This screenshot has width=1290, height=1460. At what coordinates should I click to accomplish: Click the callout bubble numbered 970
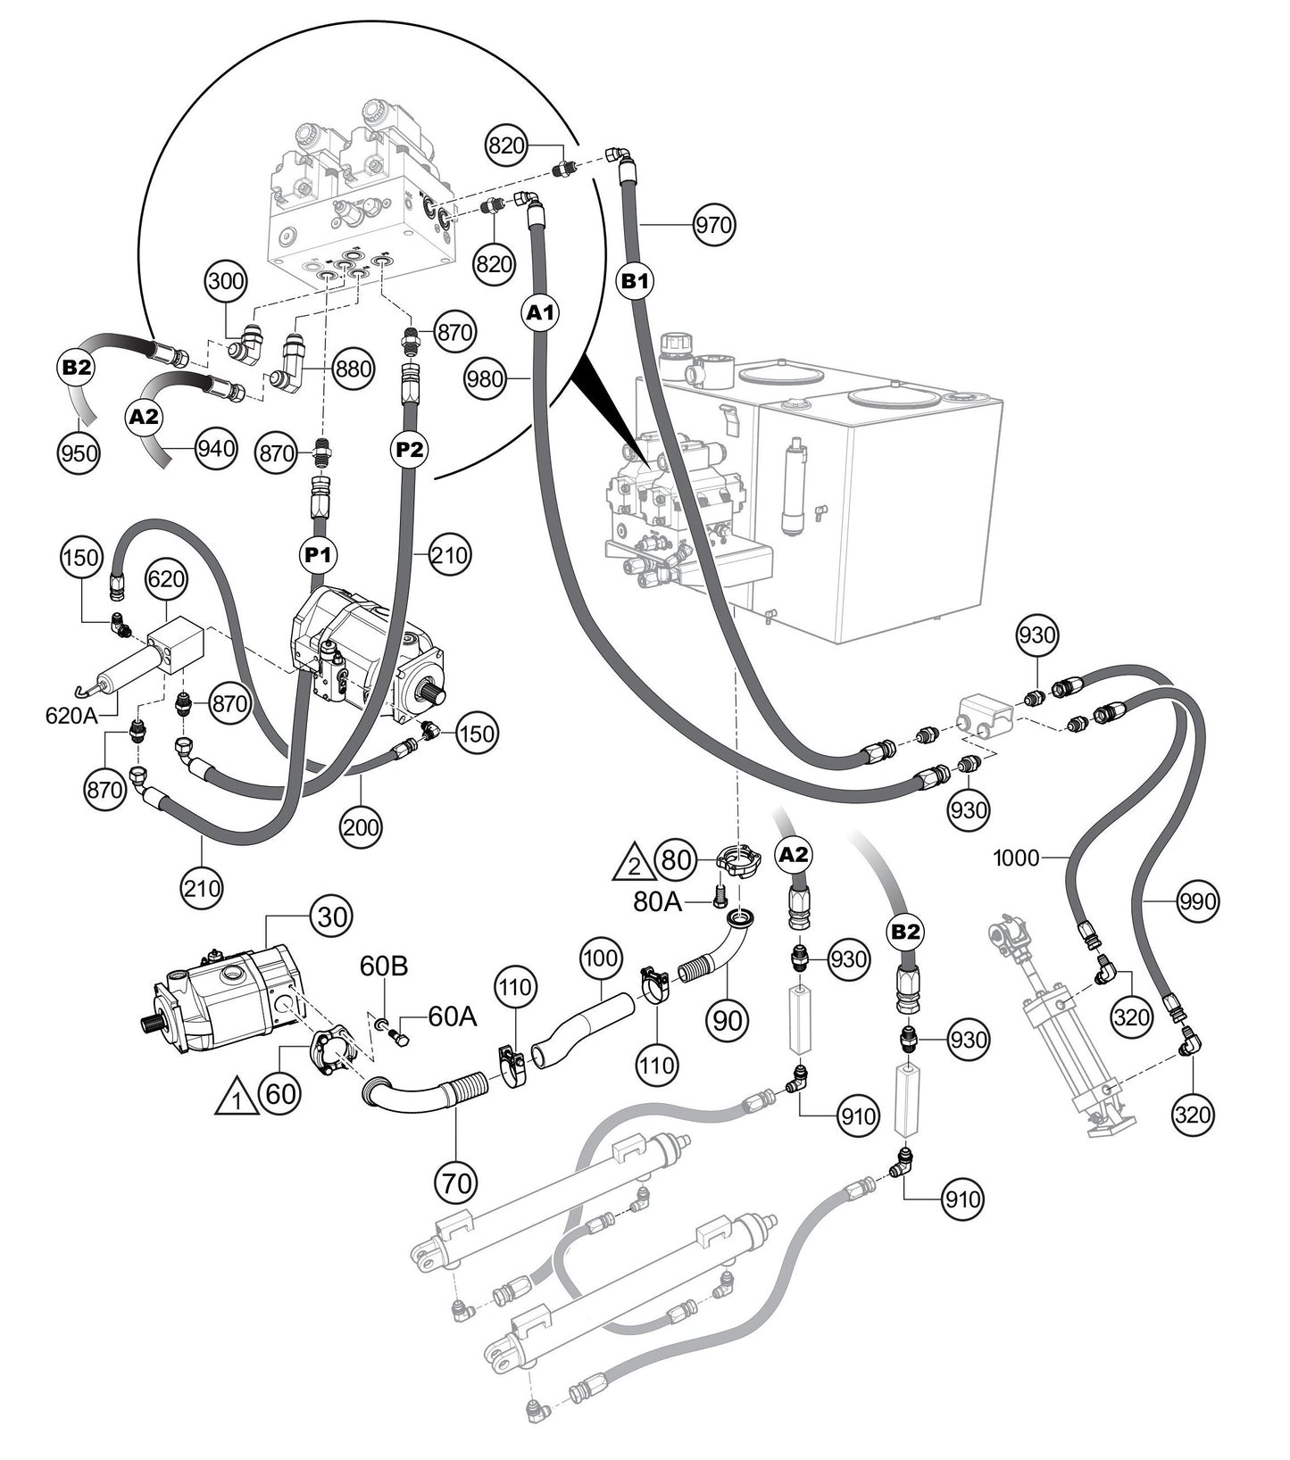714,225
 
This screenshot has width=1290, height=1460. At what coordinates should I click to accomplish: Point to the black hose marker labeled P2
410,451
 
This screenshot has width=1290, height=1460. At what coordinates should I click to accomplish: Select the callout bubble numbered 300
226,281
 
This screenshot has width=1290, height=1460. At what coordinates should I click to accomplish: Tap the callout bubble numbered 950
79,452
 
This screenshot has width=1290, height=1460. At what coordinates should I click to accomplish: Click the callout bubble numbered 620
166,579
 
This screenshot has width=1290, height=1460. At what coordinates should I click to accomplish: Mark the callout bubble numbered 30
331,917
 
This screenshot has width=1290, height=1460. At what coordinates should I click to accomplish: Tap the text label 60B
385,966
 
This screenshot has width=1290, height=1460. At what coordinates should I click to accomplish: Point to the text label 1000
1016,859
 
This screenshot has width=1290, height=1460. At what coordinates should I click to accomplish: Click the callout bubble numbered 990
1195,901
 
